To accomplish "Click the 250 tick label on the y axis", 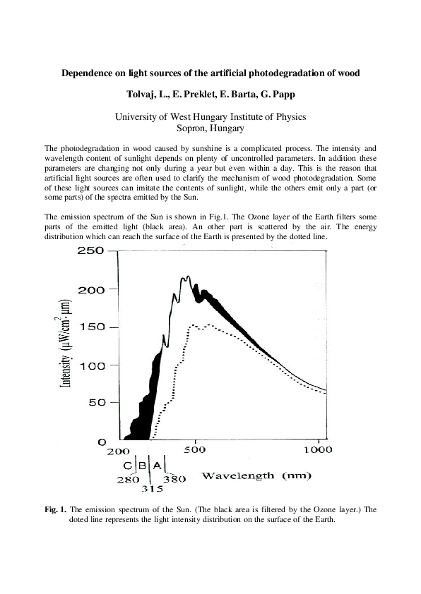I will (x=91, y=253).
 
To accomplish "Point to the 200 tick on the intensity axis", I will (x=91, y=290).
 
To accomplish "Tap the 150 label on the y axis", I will (x=91, y=328).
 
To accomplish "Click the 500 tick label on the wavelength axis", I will (x=194, y=450).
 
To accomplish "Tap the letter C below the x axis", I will (x=127, y=465).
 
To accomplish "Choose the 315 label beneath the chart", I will (x=153, y=488).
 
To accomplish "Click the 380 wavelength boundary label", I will (x=174, y=479).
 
